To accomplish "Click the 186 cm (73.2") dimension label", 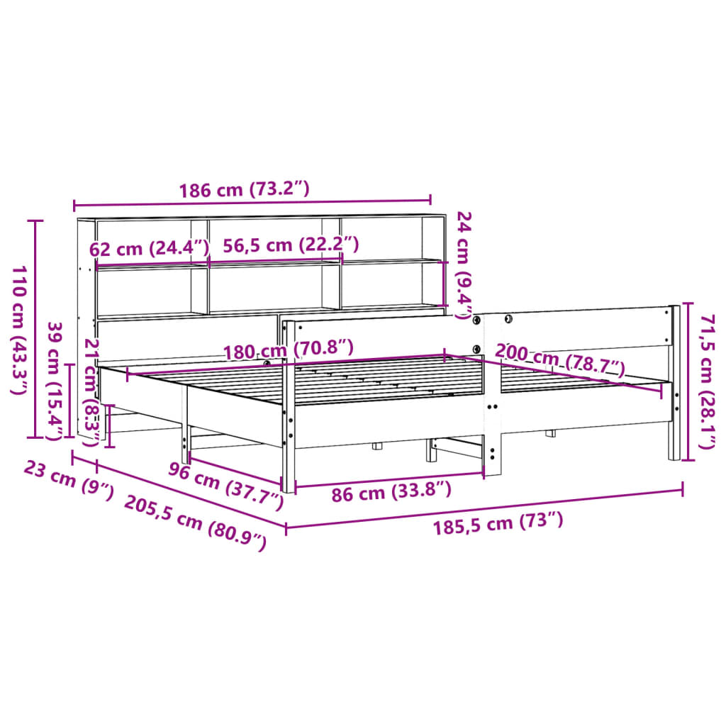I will click(x=244, y=189).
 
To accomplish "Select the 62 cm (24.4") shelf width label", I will click(x=150, y=249).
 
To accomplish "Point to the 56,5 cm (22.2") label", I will click(x=291, y=245).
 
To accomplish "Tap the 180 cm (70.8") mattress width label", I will click(x=288, y=350).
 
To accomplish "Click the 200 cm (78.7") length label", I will click(x=559, y=359).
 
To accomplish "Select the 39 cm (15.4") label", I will click(x=55, y=379).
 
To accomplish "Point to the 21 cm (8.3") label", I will click(x=91, y=391).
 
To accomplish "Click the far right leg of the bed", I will click(x=674, y=425).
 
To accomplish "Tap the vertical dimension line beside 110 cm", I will click(x=35, y=330).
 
